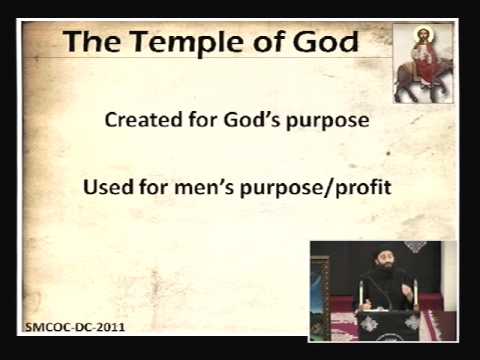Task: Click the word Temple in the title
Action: [190, 45]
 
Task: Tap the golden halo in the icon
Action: [417, 36]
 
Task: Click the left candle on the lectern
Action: [360, 293]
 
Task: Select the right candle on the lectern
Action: [414, 291]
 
